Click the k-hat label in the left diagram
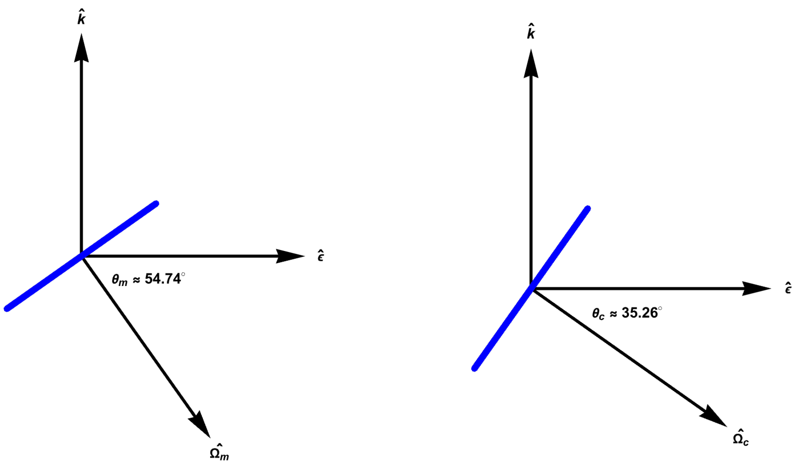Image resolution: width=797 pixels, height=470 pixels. pyautogui.click(x=82, y=18)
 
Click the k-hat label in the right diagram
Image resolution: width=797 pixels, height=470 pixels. pyautogui.click(x=531, y=32)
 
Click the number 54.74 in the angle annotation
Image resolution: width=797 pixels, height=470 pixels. pyautogui.click(x=163, y=279)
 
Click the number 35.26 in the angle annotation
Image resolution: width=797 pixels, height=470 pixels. pyautogui.click(x=640, y=313)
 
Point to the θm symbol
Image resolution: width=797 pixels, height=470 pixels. pyautogui.click(x=119, y=280)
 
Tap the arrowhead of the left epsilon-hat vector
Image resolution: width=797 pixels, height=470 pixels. pyautogui.click(x=290, y=256)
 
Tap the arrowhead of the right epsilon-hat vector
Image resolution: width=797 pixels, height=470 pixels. pyautogui.click(x=756, y=288)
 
